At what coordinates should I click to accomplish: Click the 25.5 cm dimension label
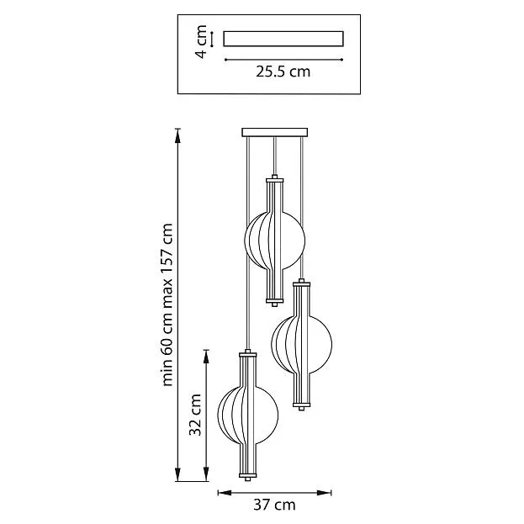point(283,71)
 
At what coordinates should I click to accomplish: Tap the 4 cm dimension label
point(201,41)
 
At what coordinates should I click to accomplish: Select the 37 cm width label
point(274,505)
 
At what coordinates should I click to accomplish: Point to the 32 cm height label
point(195,415)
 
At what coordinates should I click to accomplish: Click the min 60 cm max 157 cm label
point(167,304)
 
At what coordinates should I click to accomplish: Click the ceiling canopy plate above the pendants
point(275,132)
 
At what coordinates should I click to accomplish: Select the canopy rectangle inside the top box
point(283,39)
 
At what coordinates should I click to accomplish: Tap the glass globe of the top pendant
point(275,241)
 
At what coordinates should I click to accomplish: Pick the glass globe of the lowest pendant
point(247,415)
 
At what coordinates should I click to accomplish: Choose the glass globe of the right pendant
point(301,344)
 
